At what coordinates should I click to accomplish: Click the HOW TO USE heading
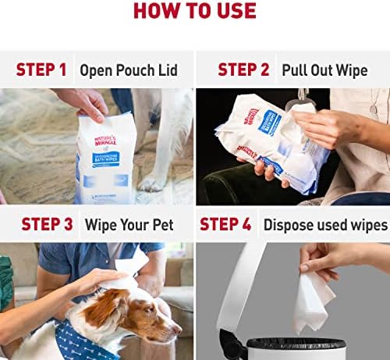195,11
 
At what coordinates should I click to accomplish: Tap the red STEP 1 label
41,70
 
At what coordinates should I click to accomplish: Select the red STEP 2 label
243,69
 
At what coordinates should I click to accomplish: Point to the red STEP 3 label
47,224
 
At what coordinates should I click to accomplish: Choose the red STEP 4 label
225,224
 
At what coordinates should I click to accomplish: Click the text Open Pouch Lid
129,70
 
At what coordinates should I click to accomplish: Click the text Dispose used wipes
325,225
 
